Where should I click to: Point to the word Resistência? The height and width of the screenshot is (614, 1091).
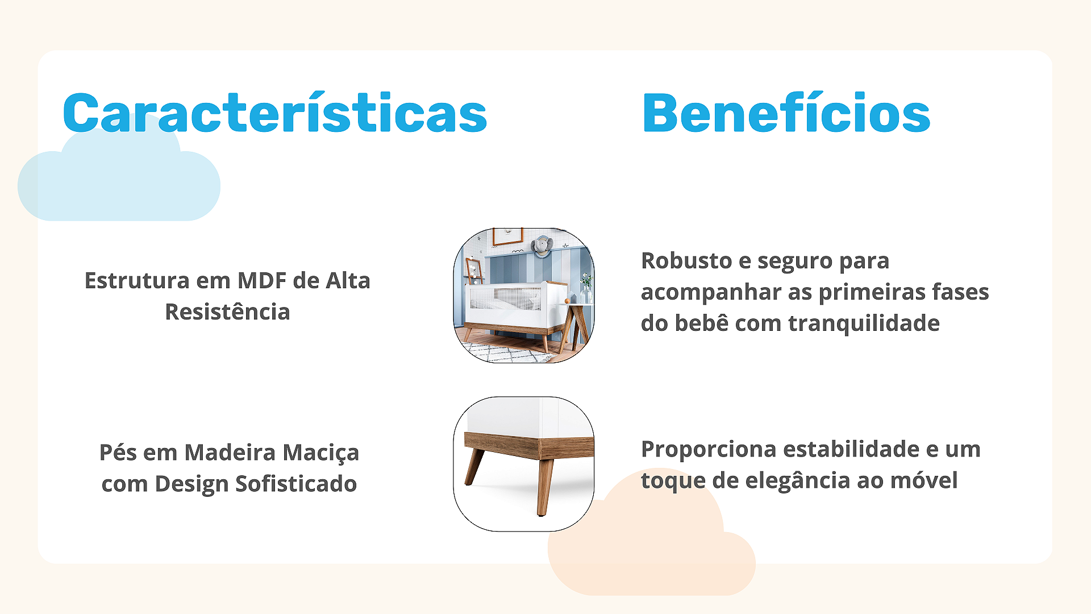pos(227,312)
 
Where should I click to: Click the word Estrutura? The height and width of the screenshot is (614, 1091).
pos(137,280)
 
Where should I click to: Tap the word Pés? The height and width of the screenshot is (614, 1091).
pos(118,452)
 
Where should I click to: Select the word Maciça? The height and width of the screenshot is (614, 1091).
pos(321,453)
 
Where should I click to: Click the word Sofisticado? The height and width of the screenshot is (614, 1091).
pos(296,483)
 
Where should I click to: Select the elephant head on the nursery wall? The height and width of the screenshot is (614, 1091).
pos(542,246)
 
